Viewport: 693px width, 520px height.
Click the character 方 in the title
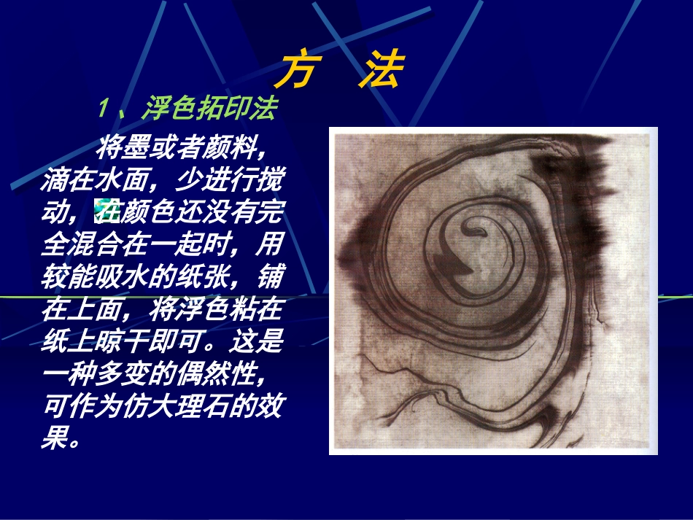296,70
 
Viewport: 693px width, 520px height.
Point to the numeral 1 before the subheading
104,109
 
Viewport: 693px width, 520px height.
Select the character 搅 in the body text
273,179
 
